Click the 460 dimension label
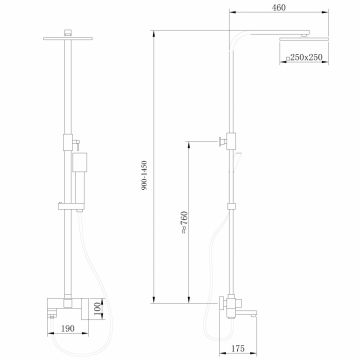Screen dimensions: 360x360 294,11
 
